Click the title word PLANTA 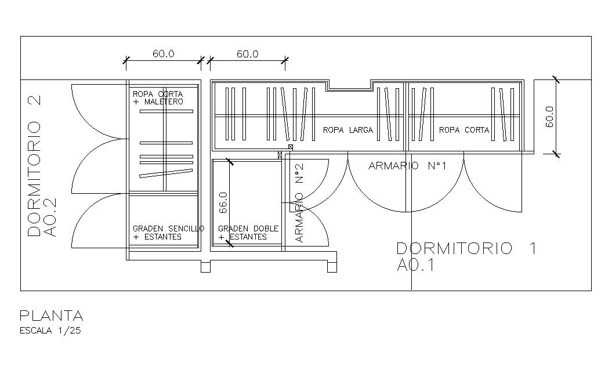pyautogui.click(x=52, y=316)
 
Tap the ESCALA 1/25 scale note pyautogui.click(x=50, y=331)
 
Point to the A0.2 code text pyautogui.click(x=50, y=218)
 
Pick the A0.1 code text pyautogui.click(x=416, y=265)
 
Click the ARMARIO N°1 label pyautogui.click(x=407, y=166)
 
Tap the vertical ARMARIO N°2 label pyautogui.click(x=299, y=203)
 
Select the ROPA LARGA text pyautogui.click(x=347, y=130)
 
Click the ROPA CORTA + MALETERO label pyautogui.click(x=158, y=98)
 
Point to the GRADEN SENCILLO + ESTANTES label pyautogui.click(x=168, y=233)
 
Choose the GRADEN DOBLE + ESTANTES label pyautogui.click(x=248, y=233)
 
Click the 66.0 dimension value pyautogui.click(x=223, y=202)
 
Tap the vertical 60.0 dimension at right pyautogui.click(x=549, y=117)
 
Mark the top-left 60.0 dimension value pyautogui.click(x=163, y=54)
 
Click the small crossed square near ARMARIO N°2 pyautogui.click(x=291, y=147)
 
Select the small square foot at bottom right pyautogui.click(x=332, y=267)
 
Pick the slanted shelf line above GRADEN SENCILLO pyautogui.click(x=166, y=173)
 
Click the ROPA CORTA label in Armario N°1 pyautogui.click(x=464, y=130)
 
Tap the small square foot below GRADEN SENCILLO pyautogui.click(x=206, y=267)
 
